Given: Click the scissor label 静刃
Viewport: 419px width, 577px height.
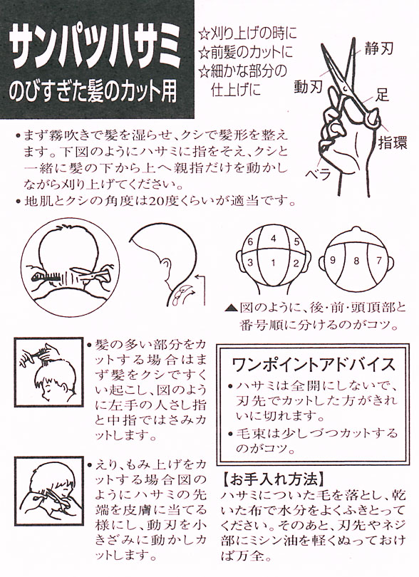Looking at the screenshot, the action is click(379, 48).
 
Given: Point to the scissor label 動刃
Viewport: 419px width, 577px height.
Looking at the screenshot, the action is click(308, 86).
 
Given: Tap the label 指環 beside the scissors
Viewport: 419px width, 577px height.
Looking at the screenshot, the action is click(393, 142).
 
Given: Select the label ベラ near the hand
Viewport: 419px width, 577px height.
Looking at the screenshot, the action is click(319, 174).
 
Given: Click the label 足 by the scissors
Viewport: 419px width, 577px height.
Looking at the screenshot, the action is click(382, 95).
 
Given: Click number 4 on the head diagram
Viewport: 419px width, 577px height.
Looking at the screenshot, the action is click(273, 239).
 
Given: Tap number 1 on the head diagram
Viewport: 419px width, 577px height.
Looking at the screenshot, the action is click(273, 263).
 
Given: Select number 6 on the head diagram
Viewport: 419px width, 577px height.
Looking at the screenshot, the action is click(250, 241).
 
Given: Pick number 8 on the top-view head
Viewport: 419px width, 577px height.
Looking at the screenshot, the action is click(356, 261).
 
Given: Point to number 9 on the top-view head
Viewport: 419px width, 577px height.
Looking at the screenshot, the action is click(333, 260).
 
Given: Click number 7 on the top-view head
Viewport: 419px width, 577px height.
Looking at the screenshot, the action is click(379, 260).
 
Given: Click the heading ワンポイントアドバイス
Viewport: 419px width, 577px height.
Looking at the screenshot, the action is click(314, 365).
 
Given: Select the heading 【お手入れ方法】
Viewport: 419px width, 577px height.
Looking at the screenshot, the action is click(274, 479).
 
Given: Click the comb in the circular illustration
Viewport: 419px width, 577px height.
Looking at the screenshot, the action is click(47, 277).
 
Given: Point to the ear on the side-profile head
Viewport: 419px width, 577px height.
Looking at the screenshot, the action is click(167, 266).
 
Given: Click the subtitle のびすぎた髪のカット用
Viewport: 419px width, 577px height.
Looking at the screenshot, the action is click(93, 93).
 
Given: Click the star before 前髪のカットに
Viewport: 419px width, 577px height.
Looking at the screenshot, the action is click(204, 53).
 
